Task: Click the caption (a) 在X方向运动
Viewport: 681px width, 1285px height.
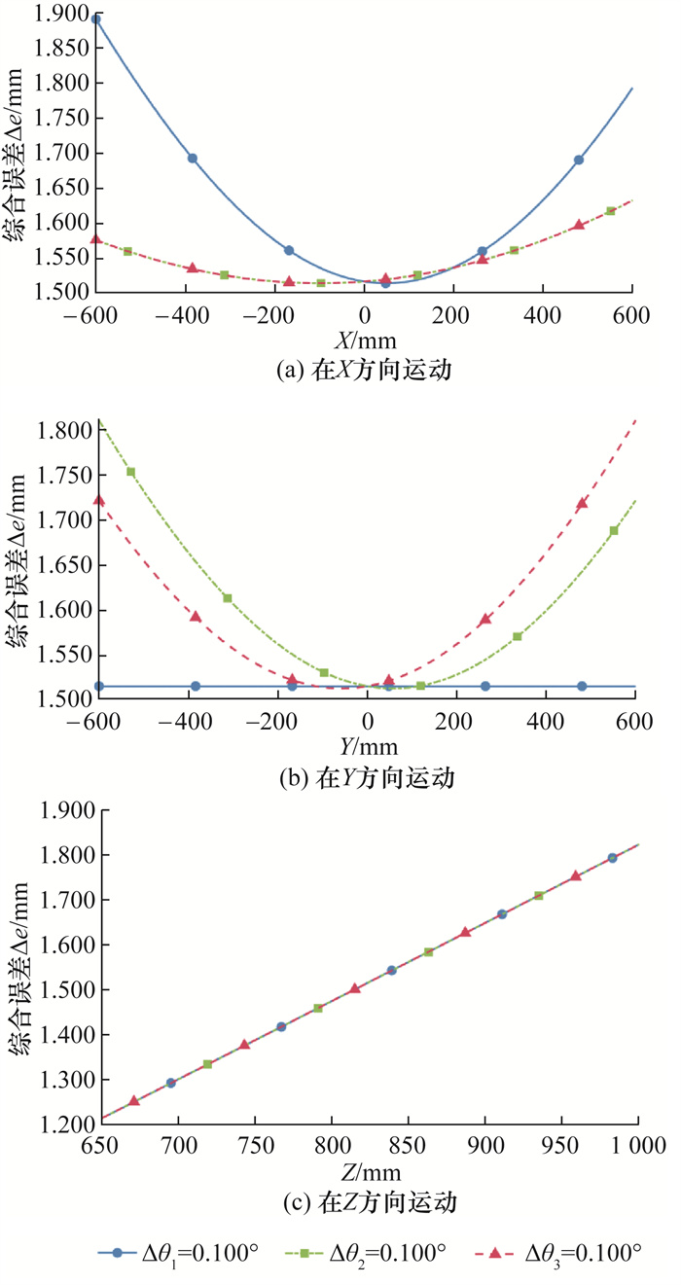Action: pyautogui.click(x=365, y=371)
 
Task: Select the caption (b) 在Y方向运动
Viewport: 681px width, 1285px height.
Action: pyautogui.click(x=366, y=778)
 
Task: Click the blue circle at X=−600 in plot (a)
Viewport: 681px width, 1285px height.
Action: pyautogui.click(x=95, y=18)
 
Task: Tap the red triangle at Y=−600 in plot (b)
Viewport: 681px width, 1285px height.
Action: pyautogui.click(x=97, y=500)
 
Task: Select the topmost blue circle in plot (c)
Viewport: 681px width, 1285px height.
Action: pyautogui.click(x=613, y=858)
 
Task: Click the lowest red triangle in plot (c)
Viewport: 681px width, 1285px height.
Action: pyautogui.click(x=134, y=1100)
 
